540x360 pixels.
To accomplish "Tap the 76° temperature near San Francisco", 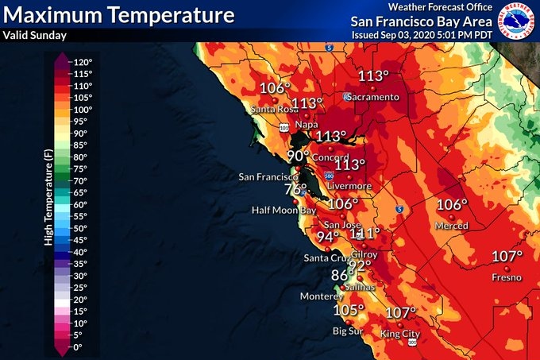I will point(296,190).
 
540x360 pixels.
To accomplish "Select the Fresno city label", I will point(506,277).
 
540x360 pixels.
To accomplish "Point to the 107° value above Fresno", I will point(507,257).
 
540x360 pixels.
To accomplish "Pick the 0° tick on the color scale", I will point(78,347).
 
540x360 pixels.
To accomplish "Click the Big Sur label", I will point(348,331).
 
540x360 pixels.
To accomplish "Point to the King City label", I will point(399,334).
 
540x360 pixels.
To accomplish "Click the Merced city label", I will point(452,226).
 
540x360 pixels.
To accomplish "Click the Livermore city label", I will point(349,186).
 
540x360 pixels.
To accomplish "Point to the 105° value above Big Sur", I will point(348,310).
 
